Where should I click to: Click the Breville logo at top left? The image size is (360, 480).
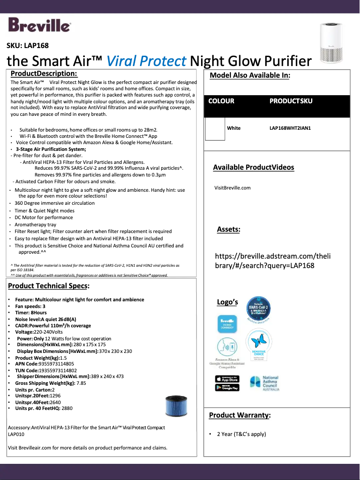point(39,26)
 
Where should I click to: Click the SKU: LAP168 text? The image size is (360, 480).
point(27,45)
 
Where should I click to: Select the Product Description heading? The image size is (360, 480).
point(44,74)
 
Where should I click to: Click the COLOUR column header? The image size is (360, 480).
point(221,101)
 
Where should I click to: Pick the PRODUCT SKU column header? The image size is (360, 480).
point(291,101)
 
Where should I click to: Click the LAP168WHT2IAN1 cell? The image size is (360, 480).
point(290,128)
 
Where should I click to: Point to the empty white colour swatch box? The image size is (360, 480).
point(215,128)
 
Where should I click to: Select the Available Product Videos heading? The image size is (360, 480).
point(254,167)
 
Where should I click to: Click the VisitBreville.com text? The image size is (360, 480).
point(233,188)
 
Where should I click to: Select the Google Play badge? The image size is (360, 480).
point(227,388)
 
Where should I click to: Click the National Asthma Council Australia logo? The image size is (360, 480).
point(265,383)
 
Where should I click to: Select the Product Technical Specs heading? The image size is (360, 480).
point(48,286)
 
